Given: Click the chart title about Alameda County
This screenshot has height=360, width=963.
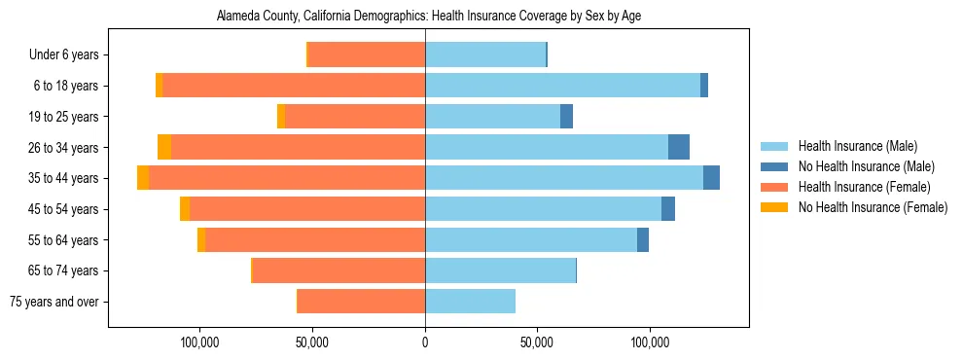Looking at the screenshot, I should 425,17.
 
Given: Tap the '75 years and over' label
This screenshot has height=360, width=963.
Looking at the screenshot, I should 54,302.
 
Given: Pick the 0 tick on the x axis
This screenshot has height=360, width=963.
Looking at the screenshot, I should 425,342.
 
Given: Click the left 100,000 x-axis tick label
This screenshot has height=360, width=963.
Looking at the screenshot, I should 200,342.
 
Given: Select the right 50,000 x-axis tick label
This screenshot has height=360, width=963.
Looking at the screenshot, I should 537,342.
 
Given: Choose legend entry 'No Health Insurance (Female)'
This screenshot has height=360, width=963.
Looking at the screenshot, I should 873,207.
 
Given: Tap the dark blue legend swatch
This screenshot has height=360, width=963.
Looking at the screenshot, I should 775,167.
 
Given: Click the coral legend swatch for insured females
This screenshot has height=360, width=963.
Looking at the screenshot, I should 775,187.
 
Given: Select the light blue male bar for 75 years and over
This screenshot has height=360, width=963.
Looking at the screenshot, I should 470,302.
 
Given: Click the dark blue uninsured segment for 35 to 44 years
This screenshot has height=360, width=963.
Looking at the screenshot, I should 711,178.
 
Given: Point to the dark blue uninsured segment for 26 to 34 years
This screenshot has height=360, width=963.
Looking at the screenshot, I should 679,147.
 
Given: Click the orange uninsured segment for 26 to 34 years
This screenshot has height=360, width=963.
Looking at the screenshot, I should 164,147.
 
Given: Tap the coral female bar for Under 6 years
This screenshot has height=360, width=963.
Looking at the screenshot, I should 367,55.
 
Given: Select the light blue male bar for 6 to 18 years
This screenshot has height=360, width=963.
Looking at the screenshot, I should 562,86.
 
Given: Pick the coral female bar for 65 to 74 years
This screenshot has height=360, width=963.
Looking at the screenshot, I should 339,270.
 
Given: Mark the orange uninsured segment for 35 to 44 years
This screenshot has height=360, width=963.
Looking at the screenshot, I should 143,178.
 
